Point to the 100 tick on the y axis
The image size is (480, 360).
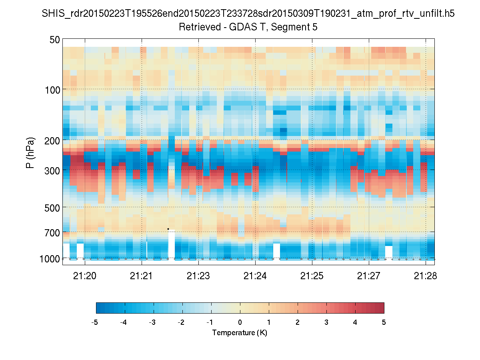(x=52, y=89)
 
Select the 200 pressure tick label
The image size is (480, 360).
(x=52, y=140)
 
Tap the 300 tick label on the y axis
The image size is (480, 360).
(x=52, y=170)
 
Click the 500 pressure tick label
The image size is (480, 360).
(x=52, y=207)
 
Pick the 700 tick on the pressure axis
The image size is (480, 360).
(x=52, y=232)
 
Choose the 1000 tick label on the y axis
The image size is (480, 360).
(x=50, y=258)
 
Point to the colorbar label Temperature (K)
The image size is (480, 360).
(x=240, y=333)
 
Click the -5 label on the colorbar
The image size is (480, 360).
(x=95, y=322)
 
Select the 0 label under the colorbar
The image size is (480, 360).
(x=240, y=322)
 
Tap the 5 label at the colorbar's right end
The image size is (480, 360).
(x=384, y=322)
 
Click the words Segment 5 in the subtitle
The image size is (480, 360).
(x=296, y=27)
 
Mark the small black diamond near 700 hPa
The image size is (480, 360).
(x=168, y=229)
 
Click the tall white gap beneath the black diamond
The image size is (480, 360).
(x=171, y=245)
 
